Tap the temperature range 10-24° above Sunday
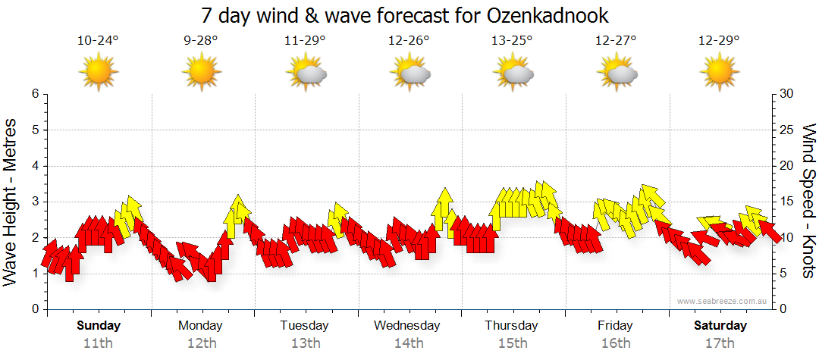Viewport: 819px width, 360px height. (99, 41)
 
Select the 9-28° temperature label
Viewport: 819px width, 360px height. (202, 41)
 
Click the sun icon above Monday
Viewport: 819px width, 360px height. (202, 73)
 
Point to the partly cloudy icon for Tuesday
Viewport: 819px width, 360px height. (306, 74)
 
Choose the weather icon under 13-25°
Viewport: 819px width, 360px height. (513, 74)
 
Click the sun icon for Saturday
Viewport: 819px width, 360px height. (719, 73)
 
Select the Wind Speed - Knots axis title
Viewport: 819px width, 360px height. (808, 202)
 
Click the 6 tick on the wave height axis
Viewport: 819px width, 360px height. (34, 94)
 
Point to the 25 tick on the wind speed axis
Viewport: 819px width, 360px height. (787, 130)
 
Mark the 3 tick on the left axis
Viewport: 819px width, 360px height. (34, 202)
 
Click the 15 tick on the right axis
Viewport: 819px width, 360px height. (787, 202)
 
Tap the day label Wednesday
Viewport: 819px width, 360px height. (407, 326)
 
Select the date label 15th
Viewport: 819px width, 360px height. (513, 343)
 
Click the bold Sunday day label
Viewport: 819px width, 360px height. (99, 326)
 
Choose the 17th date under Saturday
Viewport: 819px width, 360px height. (720, 343)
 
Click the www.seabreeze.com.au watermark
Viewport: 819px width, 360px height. (718, 301)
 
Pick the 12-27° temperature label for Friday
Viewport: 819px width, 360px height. (616, 41)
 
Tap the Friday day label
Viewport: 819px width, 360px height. (615, 326)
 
